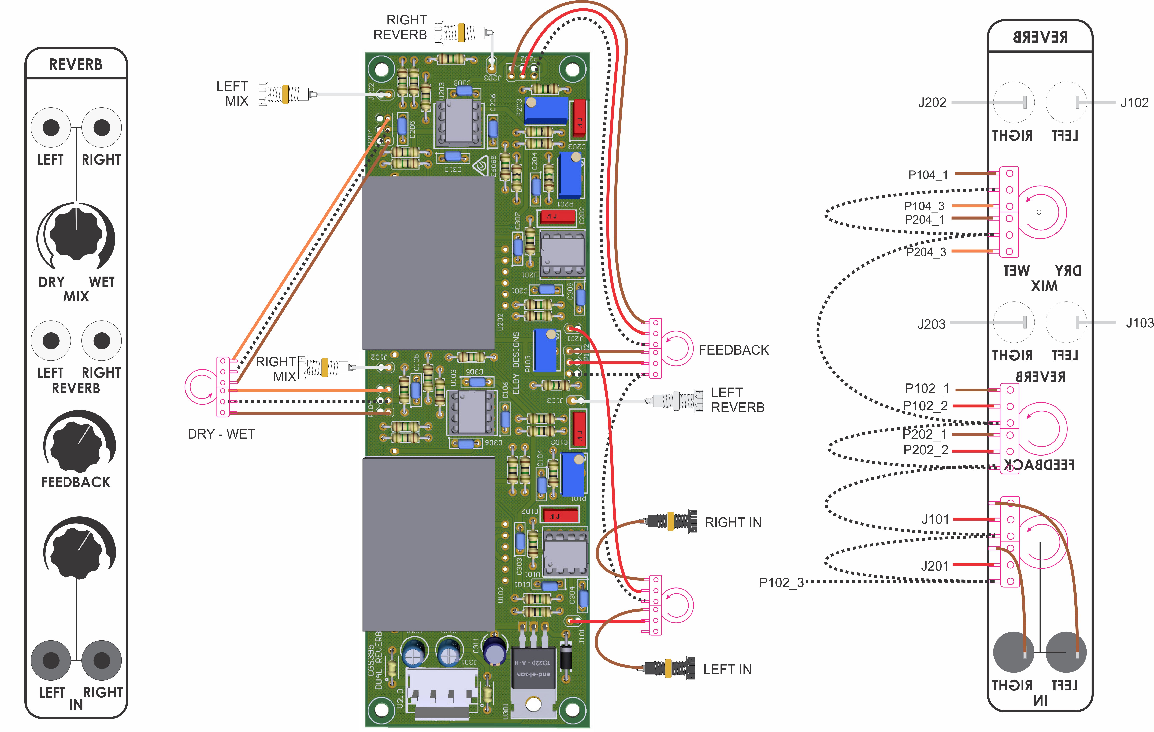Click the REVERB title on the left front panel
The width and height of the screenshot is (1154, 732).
76,64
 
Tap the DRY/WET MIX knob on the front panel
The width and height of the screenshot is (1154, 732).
76,234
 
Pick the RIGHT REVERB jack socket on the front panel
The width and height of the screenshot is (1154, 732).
102,341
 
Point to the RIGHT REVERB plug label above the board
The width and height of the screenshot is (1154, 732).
400,27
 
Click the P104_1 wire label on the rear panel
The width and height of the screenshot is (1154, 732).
928,175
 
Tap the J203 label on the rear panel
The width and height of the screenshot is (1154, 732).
931,324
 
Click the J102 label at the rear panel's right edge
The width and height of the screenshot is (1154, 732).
1134,103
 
